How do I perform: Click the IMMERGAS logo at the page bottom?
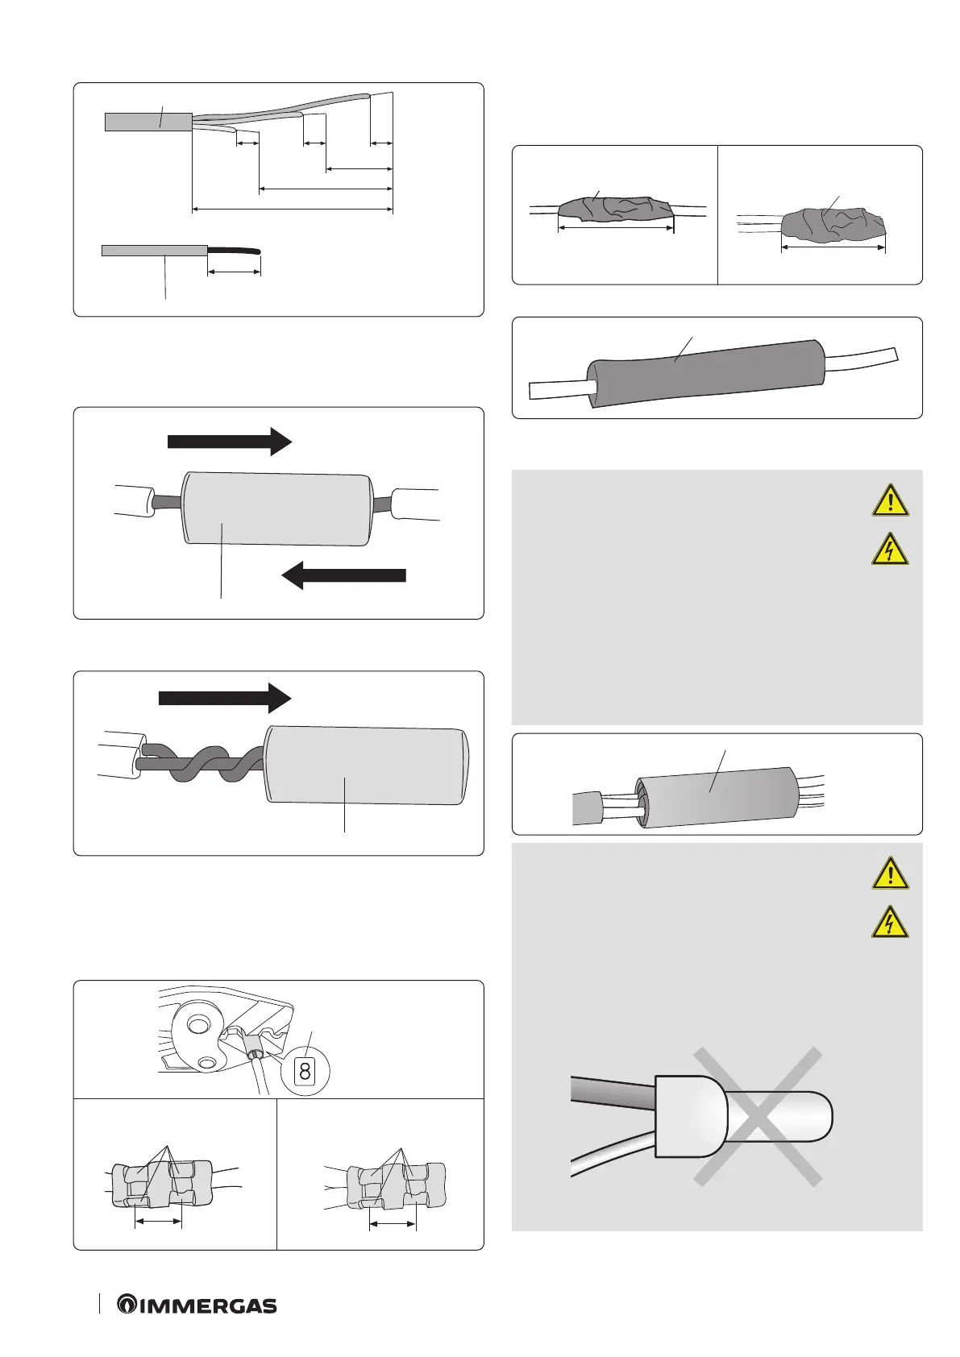click(197, 1305)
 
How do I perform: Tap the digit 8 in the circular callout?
click(305, 1071)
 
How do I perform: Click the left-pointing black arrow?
click(343, 575)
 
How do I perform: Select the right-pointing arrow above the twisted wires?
click(224, 698)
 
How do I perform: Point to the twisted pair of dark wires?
click(202, 765)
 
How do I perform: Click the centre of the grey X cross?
click(758, 1116)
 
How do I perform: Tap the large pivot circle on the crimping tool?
click(195, 1026)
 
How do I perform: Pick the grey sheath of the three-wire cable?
click(148, 122)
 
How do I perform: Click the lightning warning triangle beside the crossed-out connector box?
click(890, 923)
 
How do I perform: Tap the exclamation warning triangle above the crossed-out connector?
click(890, 874)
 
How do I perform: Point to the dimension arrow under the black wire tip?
click(234, 272)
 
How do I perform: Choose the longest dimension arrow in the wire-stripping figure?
click(293, 210)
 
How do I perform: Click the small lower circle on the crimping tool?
click(207, 1064)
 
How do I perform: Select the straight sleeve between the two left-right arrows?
click(278, 508)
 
